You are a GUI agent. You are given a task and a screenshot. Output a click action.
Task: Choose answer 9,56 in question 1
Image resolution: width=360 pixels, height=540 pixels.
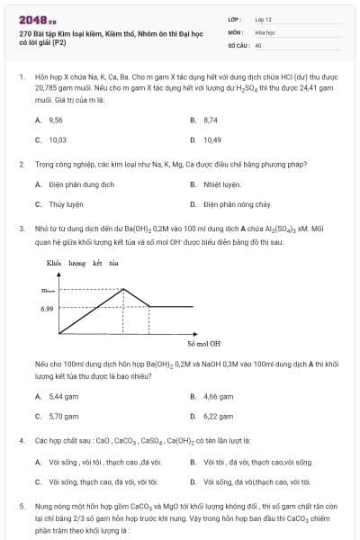pos(55,119)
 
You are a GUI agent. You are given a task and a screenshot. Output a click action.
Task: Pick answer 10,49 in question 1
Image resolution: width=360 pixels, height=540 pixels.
pos(211,139)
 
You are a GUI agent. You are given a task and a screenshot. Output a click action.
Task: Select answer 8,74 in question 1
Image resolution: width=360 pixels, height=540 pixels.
pos(211,119)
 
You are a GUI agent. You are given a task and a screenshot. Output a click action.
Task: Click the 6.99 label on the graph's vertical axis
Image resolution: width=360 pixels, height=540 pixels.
pos(47,308)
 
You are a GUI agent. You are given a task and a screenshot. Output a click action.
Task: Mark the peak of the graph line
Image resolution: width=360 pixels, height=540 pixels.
pos(122,289)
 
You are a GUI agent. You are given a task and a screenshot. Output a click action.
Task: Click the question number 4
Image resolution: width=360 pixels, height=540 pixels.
pos(21,441)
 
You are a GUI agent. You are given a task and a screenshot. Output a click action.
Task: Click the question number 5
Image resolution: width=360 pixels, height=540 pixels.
pos(21,507)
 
